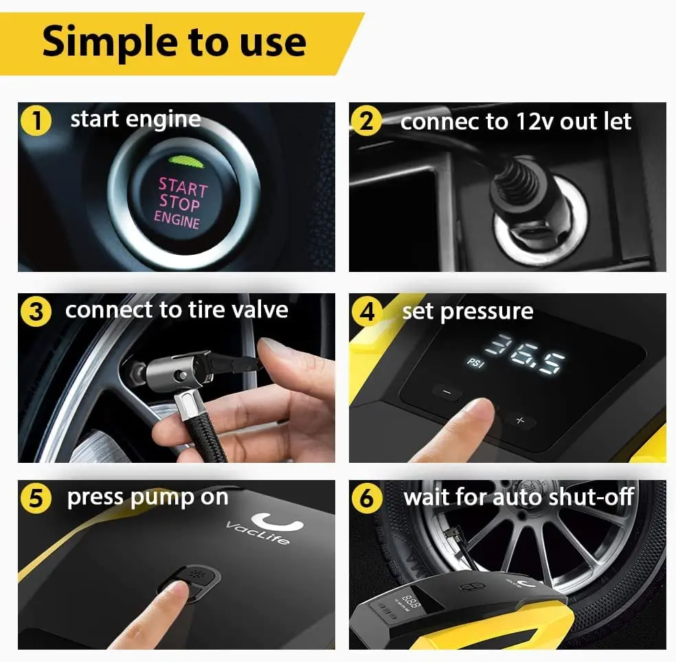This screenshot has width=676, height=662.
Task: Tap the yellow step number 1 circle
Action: pos(36,122)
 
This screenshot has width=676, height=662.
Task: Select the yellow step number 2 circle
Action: pos(367,122)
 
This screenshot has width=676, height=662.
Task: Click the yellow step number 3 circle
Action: pos(36,312)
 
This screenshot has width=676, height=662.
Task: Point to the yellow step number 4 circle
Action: pos(367,312)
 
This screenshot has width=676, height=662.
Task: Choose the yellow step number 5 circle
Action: pos(36,499)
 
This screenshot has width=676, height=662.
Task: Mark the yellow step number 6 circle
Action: pos(367,499)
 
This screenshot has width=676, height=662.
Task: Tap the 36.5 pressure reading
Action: pos(530,353)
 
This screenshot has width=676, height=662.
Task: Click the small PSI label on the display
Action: pos(476,362)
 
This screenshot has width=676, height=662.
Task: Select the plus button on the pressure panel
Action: pos(520,421)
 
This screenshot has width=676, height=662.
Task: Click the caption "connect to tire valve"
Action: pos(177,310)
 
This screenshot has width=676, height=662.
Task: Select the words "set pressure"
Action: pos(467,311)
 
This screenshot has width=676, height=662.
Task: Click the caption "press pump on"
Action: pos(147,498)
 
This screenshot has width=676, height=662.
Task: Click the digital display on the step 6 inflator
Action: pos(412,602)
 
